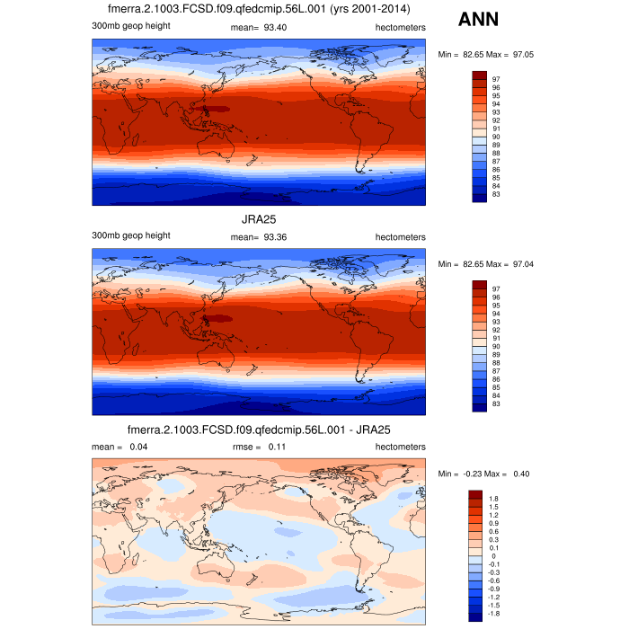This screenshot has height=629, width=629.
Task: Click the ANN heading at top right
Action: coord(480,19)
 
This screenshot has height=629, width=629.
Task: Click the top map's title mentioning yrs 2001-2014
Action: coord(259,10)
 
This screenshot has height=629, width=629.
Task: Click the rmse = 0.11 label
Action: coord(259,447)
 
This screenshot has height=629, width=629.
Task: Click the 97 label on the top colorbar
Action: coord(496,80)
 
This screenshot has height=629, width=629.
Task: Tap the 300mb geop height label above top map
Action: coord(131,27)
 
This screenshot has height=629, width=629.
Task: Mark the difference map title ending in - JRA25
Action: coord(259,430)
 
